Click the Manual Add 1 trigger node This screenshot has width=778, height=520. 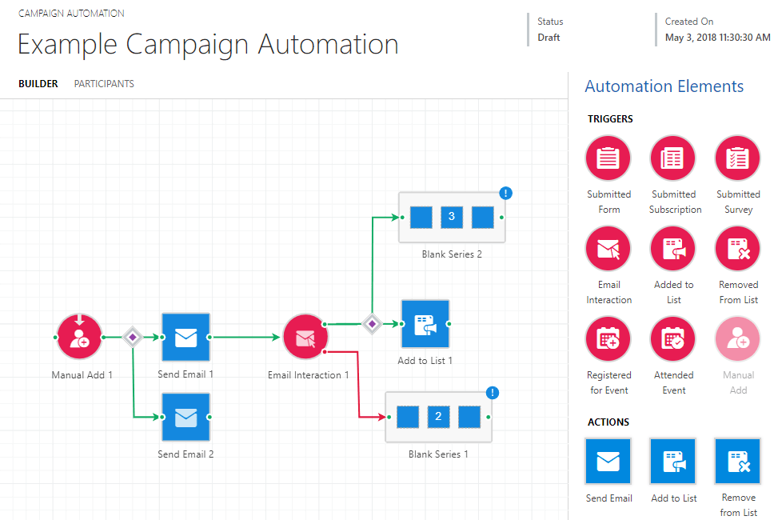pyautogui.click(x=79, y=337)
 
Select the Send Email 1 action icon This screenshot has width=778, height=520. pyautogui.click(x=186, y=337)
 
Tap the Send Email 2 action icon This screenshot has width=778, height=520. pyautogui.click(x=186, y=417)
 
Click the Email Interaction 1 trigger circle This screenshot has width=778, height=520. pyautogui.click(x=305, y=337)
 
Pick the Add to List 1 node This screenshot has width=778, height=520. pyautogui.click(x=425, y=324)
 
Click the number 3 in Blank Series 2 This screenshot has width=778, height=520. pyautogui.click(x=452, y=217)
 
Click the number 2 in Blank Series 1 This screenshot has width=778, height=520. pyautogui.click(x=438, y=416)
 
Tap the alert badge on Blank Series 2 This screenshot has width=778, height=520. pyautogui.click(x=505, y=193)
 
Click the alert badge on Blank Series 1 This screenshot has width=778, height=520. pyautogui.click(x=493, y=393)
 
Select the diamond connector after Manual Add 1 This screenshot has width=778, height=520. pyautogui.click(x=133, y=338)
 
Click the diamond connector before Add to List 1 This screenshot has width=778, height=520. pyautogui.click(x=372, y=324)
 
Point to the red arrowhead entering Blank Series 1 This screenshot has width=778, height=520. pyautogui.click(x=382, y=417)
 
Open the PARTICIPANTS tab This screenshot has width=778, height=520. pyautogui.click(x=104, y=83)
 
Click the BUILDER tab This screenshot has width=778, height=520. pyautogui.click(x=38, y=83)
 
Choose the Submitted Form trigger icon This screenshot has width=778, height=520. pyautogui.click(x=608, y=158)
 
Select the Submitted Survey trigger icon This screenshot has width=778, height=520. pyautogui.click(x=737, y=158)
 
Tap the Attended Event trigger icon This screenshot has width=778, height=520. pyautogui.click(x=672, y=339)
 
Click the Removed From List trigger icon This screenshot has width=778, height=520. pyautogui.click(x=737, y=249)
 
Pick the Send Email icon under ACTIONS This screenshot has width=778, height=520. pyautogui.click(x=608, y=462)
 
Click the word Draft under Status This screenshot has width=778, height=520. pyautogui.click(x=549, y=38)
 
